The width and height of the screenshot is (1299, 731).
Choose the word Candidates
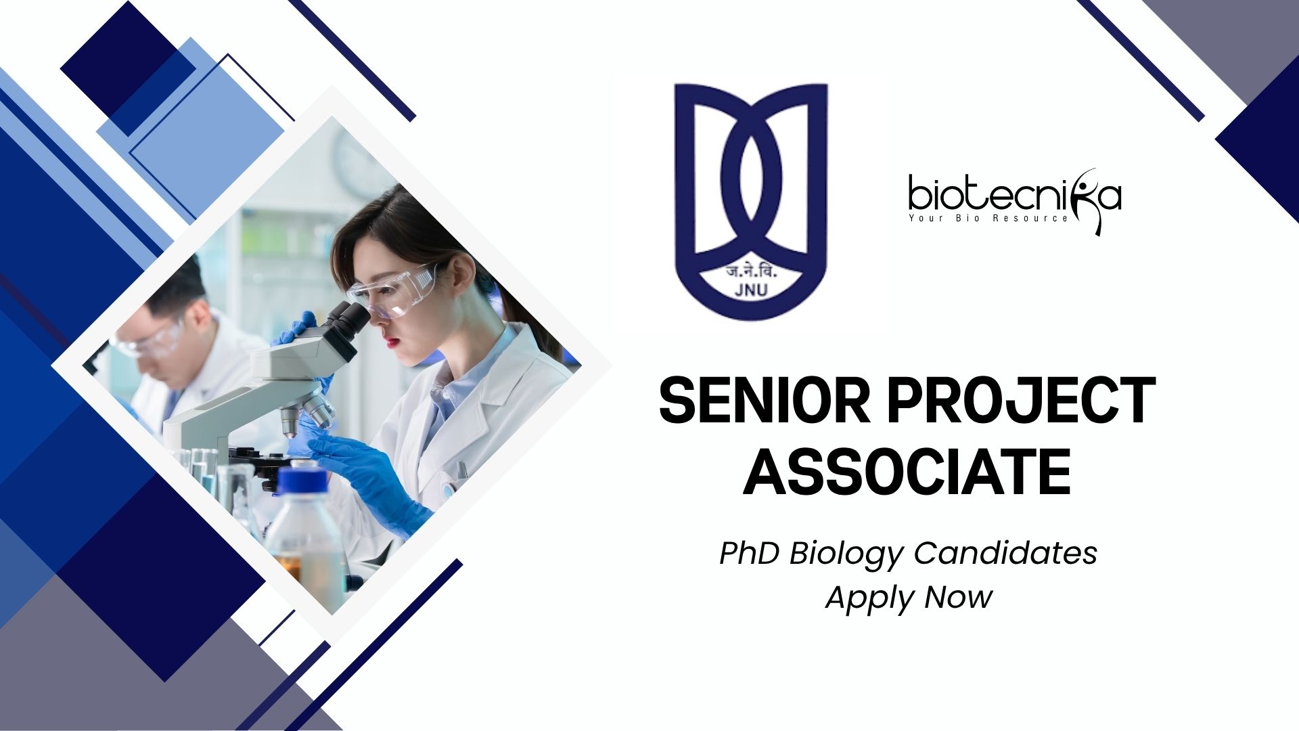click(x=1005, y=553)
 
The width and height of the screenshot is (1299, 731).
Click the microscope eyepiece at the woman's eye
click(x=347, y=319)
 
